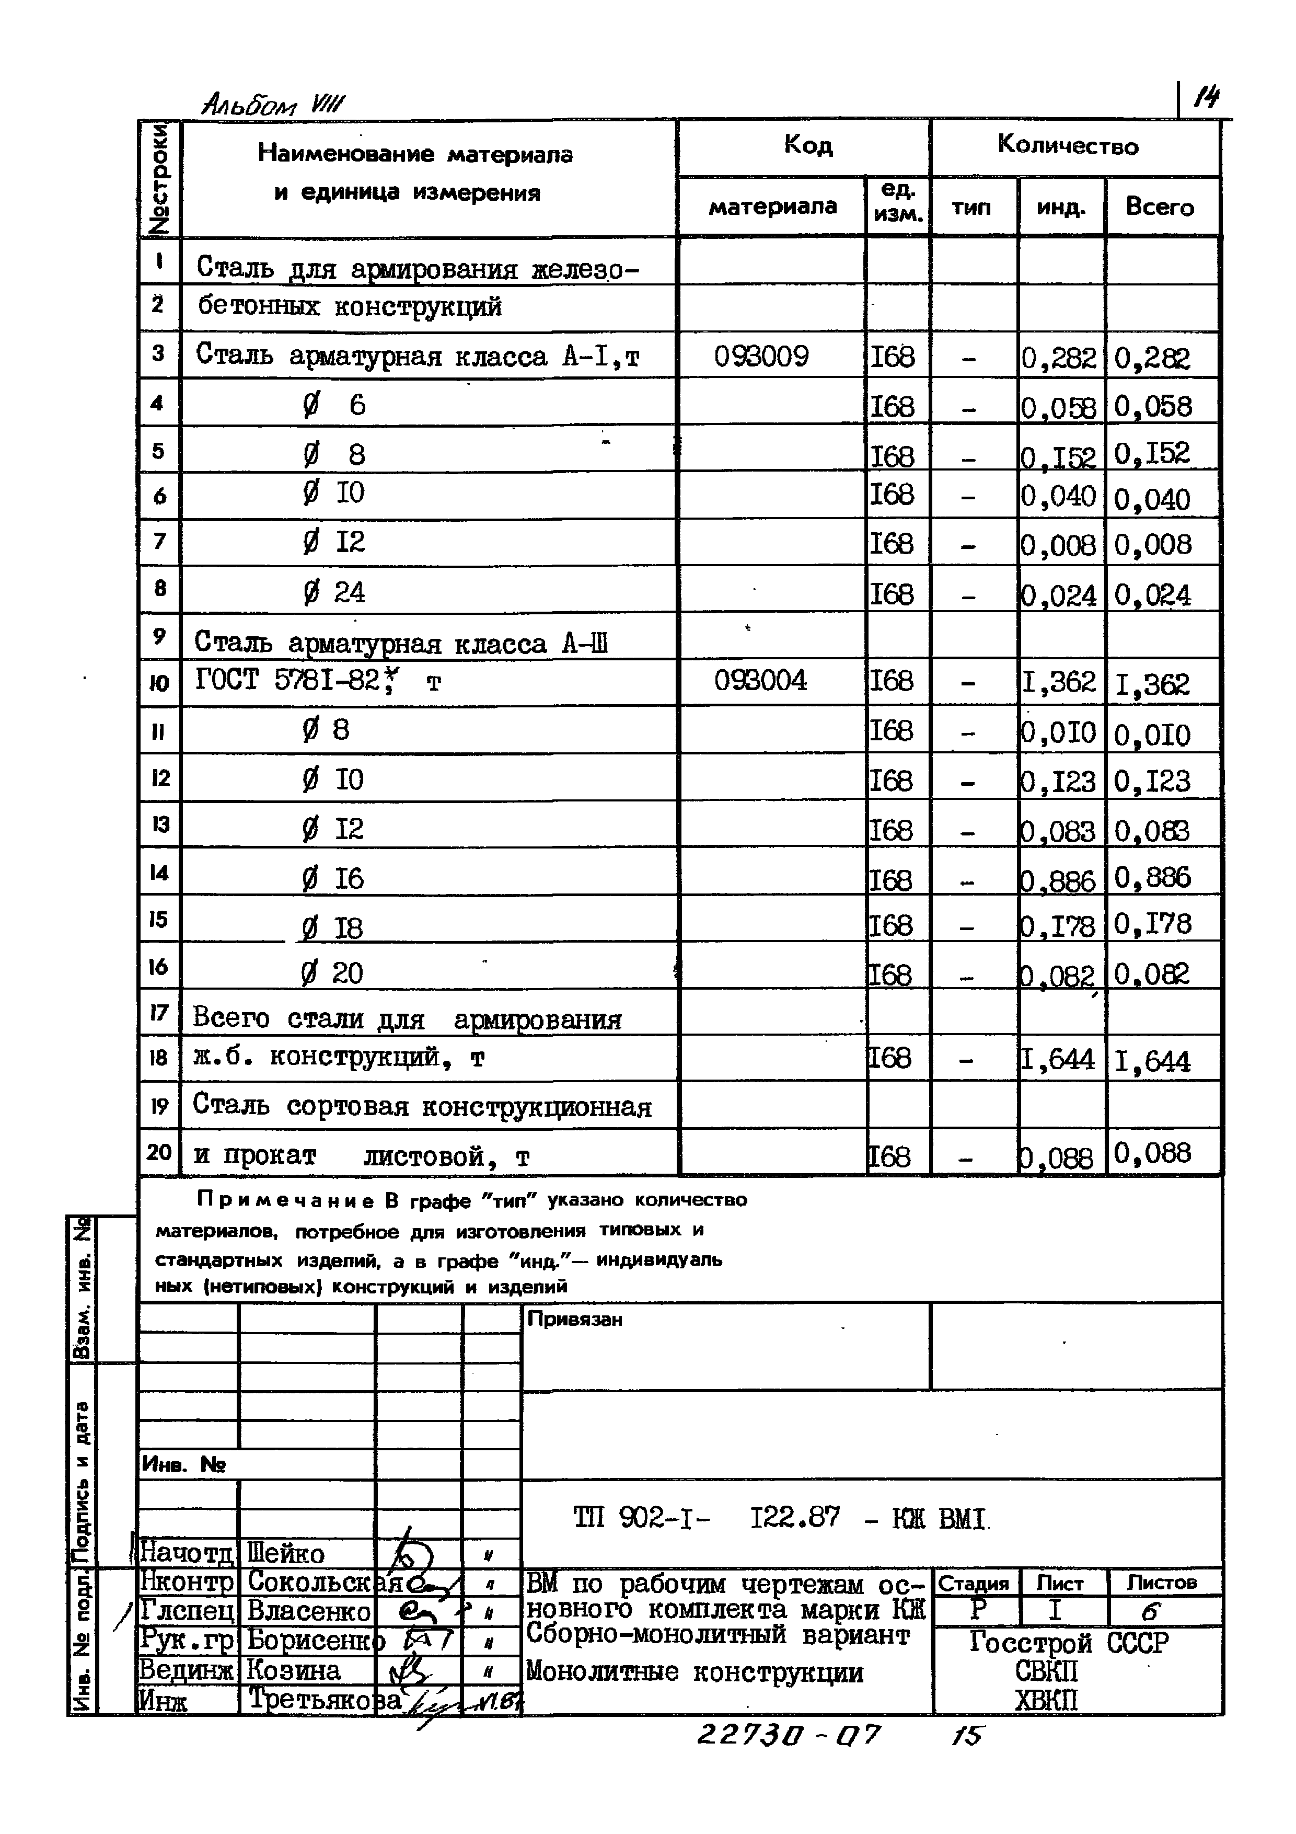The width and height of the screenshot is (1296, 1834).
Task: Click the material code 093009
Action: click(761, 356)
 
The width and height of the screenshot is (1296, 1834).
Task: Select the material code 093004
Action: click(760, 681)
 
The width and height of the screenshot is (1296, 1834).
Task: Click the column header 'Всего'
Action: click(1160, 207)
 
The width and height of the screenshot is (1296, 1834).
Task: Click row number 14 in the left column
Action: click(159, 872)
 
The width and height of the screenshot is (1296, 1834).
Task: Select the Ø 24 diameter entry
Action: click(334, 592)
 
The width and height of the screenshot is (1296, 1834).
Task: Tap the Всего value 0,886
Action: click(1152, 878)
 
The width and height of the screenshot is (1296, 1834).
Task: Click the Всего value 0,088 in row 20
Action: click(1152, 1153)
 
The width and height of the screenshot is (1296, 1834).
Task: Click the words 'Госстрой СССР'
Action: click(1069, 1642)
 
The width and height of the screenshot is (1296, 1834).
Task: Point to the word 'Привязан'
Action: click(574, 1320)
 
